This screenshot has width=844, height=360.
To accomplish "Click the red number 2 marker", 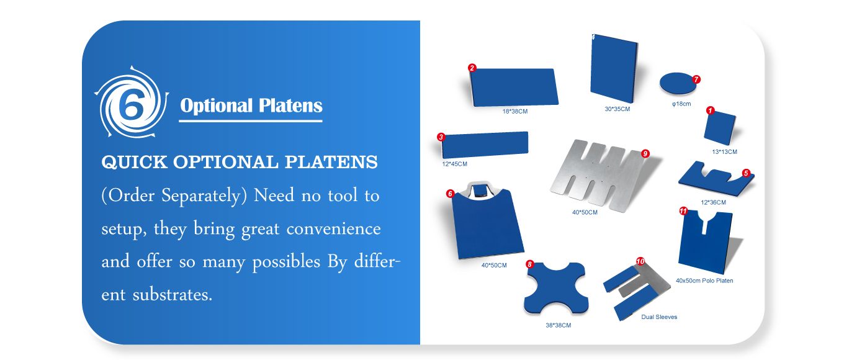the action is (x=472, y=68).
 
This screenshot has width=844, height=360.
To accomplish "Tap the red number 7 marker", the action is (x=696, y=79).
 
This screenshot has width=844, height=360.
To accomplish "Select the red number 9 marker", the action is (x=645, y=153).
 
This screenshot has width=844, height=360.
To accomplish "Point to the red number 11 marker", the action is (x=683, y=211).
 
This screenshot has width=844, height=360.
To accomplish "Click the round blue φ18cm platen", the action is (x=678, y=83).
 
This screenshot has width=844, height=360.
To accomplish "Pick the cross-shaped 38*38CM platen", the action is (x=556, y=288).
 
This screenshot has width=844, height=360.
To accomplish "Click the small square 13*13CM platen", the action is (x=720, y=128).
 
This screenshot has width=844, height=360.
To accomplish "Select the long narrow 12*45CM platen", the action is (x=485, y=145).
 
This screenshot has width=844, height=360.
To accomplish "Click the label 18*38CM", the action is (x=515, y=112).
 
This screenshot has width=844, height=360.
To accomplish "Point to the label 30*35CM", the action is (x=617, y=109).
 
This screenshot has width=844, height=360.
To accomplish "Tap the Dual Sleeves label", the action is (x=659, y=317).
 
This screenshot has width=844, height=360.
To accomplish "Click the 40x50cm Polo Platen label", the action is (x=704, y=281).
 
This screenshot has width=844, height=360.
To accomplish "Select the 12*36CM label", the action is (x=713, y=202).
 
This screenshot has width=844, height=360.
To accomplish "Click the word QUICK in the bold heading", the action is (x=134, y=163).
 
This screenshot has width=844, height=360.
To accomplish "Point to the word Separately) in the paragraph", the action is (x=204, y=196).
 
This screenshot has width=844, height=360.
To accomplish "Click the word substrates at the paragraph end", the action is (x=172, y=294).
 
